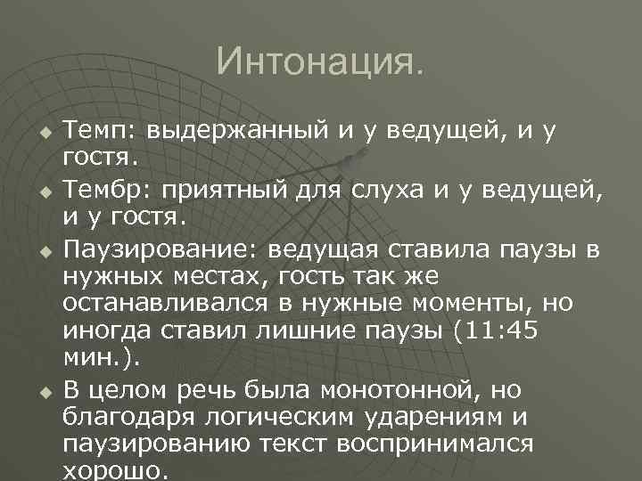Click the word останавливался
(x=169, y=304)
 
